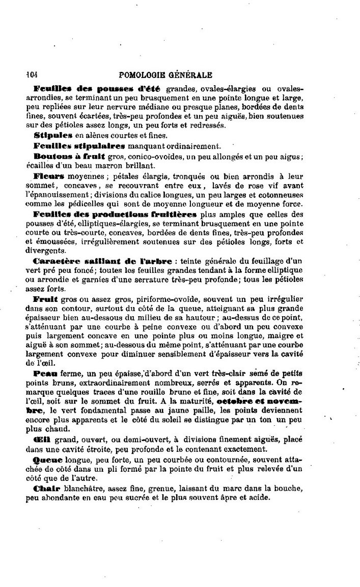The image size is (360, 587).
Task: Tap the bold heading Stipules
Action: point(53,135)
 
